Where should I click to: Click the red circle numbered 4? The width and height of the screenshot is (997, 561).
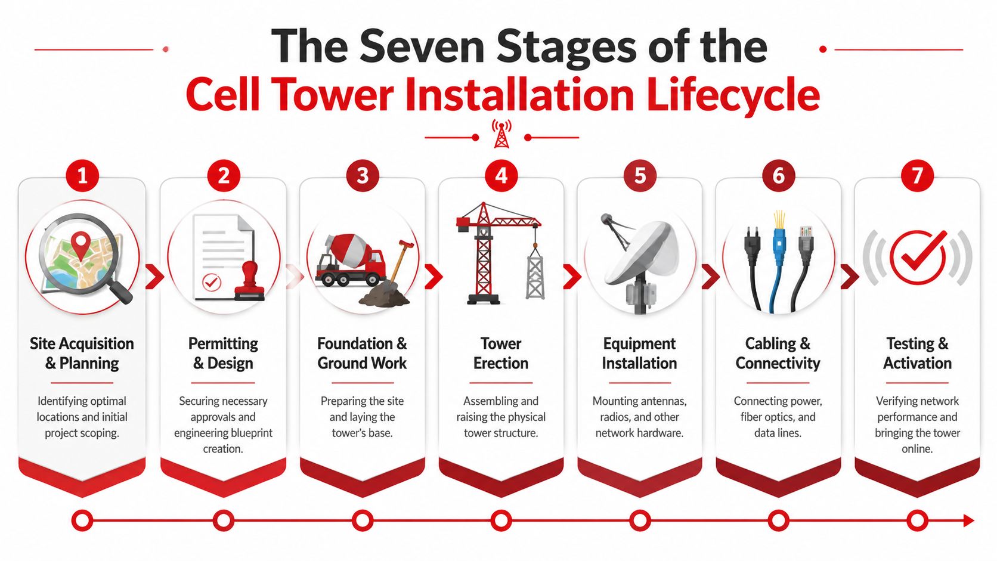pos(501,176)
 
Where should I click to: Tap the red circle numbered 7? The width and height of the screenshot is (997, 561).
pos(917,176)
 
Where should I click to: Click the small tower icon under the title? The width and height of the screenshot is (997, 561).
pos(501,135)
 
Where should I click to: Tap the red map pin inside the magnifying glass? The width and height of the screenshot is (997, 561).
pos(80,244)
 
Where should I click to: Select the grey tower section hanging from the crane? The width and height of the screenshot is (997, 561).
pos(535,274)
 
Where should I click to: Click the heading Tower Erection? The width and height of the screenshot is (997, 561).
pos(501,353)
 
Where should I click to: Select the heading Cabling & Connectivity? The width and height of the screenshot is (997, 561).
pos(778,353)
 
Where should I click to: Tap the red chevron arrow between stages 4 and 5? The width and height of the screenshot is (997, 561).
pos(571,276)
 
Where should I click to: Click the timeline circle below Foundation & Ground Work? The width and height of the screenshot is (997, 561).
pos(362,520)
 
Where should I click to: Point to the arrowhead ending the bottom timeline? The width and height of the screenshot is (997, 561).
pos(968,520)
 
